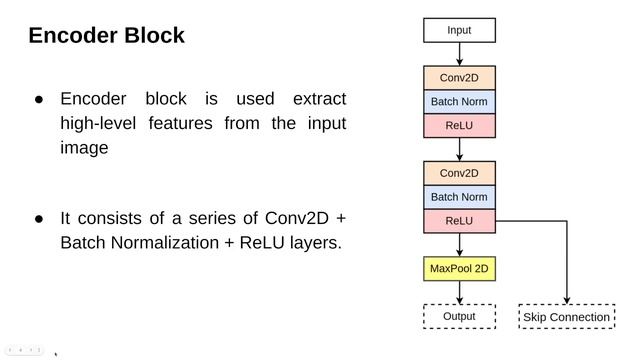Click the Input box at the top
(x=459, y=30)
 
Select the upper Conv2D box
(x=459, y=78)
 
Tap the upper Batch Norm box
(x=459, y=102)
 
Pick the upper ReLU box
(x=459, y=126)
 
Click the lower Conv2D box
(x=459, y=173)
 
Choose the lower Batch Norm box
(x=459, y=197)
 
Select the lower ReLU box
(x=459, y=221)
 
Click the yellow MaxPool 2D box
(x=459, y=269)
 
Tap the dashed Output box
(x=459, y=317)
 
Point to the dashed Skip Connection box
(x=567, y=317)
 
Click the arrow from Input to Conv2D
(x=459, y=54)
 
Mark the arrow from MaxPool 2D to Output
(x=459, y=293)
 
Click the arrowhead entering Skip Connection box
(x=567, y=299)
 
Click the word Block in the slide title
(x=151, y=36)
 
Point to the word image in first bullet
(x=84, y=148)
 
